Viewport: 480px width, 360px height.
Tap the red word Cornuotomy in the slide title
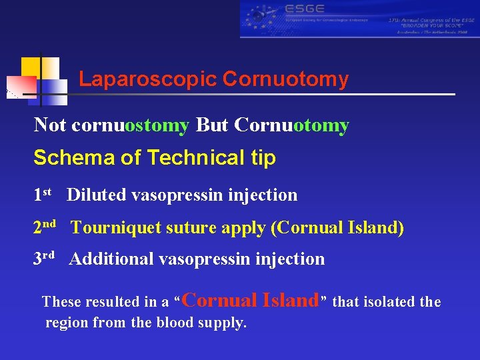pyautogui.click(x=285, y=80)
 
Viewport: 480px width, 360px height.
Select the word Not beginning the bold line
pyautogui.click(x=51, y=125)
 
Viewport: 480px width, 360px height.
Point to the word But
pyautogui.click(x=212, y=125)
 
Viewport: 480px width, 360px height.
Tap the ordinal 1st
pyautogui.click(x=43, y=195)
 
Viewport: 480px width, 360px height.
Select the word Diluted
pyautogui.click(x=97, y=195)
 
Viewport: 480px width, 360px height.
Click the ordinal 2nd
pyautogui.click(x=45, y=227)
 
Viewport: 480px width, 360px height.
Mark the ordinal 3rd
pyautogui.click(x=44, y=258)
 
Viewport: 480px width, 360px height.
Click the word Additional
pyautogui.click(x=111, y=259)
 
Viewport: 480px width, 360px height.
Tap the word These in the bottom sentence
pyautogui.click(x=60, y=302)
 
